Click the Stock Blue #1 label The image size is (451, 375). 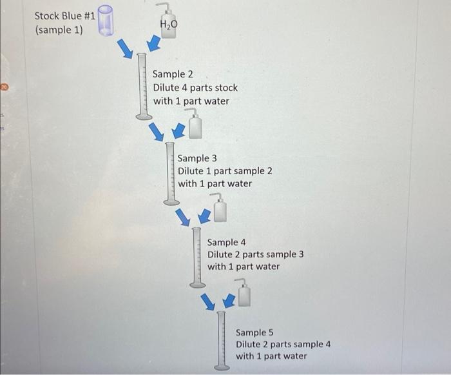pos(64,16)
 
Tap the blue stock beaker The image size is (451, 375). pos(106,21)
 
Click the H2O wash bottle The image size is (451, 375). pos(167,21)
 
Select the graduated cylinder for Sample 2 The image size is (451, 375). pos(142,86)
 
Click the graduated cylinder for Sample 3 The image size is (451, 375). pos(171,174)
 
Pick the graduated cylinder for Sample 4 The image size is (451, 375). pos(197,258)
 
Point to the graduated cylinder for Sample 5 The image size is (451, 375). pos(222,341)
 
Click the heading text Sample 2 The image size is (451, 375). pos(173,74)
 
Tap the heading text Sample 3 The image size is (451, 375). pos(197,158)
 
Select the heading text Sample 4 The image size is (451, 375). pos(226,243)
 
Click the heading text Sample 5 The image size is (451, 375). pos(254,332)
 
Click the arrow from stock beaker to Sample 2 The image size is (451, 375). pos(125,48)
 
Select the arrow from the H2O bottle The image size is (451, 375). pos(154,43)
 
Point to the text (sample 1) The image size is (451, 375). pos(59,30)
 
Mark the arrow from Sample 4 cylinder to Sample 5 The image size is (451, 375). pos(208,302)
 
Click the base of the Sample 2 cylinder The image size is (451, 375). pos(144,117)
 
